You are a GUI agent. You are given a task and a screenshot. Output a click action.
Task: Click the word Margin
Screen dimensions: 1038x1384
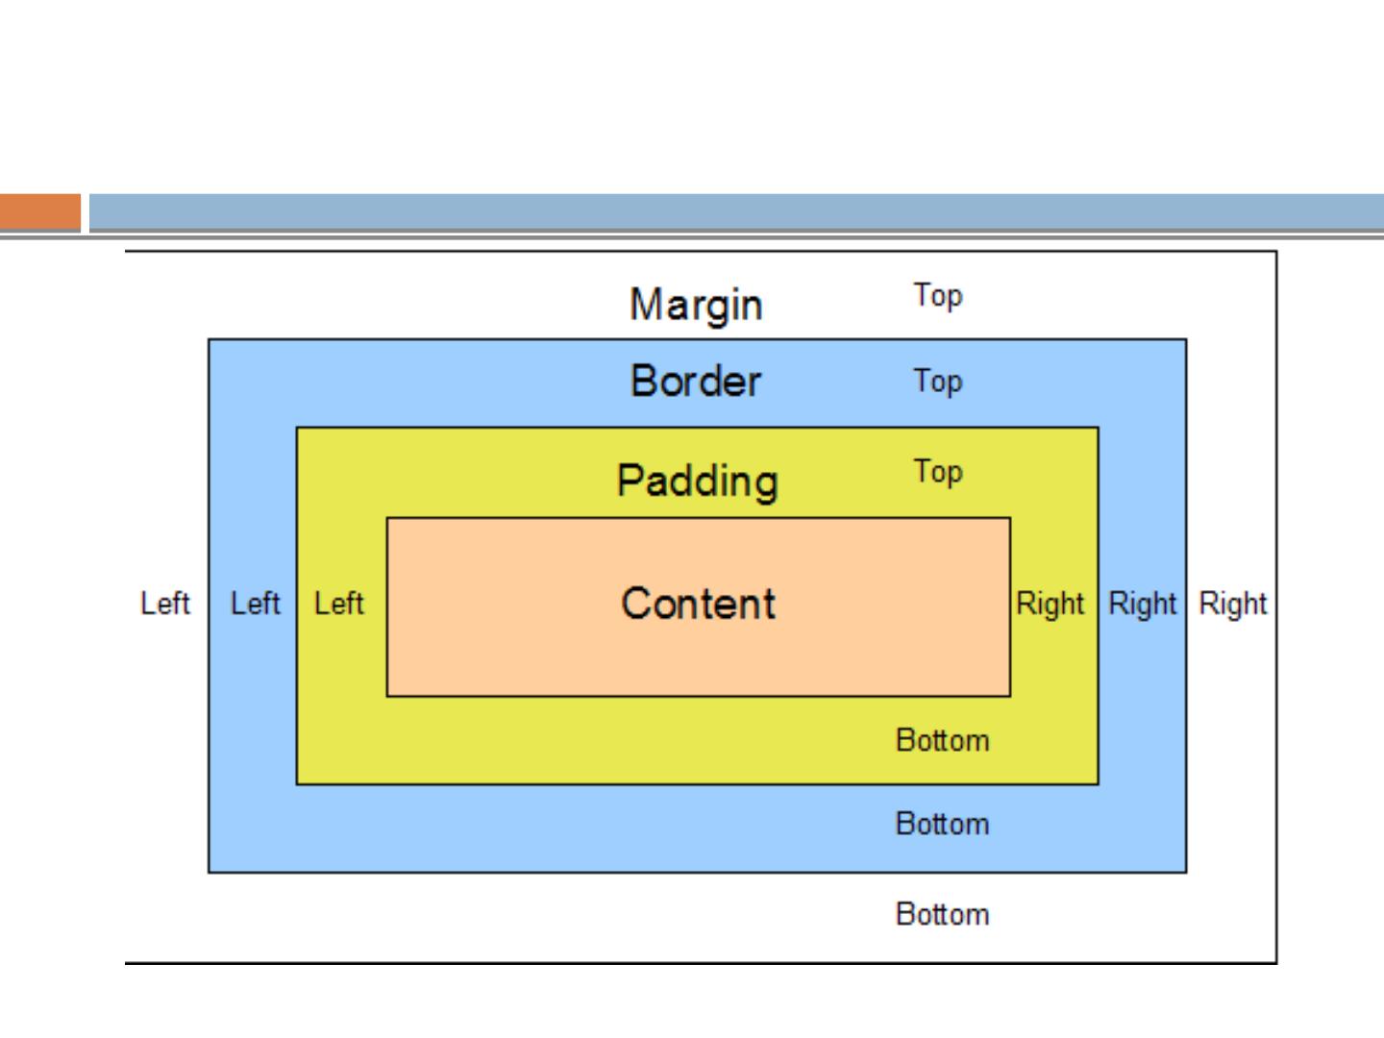click(696, 306)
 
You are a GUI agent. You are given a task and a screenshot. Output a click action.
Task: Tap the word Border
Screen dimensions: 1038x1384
click(696, 382)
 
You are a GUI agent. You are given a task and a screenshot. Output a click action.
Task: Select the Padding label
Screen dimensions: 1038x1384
click(697, 481)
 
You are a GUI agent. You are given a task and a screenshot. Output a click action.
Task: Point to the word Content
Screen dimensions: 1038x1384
click(698, 604)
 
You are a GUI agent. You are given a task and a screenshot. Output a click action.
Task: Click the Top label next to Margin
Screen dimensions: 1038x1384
click(937, 296)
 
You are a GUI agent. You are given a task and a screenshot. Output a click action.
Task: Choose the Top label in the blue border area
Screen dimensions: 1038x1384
click(937, 382)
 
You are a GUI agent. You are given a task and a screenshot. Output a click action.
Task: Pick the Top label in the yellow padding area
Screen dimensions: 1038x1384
click(937, 472)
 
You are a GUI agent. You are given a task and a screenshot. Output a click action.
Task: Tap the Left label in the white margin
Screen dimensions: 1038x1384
click(165, 604)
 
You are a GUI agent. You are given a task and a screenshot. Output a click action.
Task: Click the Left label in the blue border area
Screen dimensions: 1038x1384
click(255, 604)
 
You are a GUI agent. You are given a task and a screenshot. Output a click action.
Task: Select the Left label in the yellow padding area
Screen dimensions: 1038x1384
click(338, 604)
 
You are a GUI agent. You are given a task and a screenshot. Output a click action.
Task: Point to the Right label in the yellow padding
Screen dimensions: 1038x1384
click(1050, 604)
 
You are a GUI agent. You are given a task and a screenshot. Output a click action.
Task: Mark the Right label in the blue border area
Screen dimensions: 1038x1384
click(1142, 604)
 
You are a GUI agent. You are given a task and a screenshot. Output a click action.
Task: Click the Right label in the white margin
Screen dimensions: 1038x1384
click(1233, 604)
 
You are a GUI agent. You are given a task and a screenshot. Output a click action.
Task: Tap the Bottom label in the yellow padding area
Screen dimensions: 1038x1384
click(942, 740)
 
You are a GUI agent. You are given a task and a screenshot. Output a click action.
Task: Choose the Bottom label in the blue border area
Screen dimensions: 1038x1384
click(942, 824)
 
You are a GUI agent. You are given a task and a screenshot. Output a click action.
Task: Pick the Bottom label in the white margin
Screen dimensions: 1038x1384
click(942, 913)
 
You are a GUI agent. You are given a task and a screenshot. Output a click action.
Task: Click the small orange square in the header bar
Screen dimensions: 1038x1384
click(40, 212)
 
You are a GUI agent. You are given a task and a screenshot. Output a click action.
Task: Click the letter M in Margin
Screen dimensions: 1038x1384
click(644, 306)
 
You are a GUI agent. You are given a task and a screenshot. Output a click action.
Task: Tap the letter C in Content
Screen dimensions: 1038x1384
click(635, 604)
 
